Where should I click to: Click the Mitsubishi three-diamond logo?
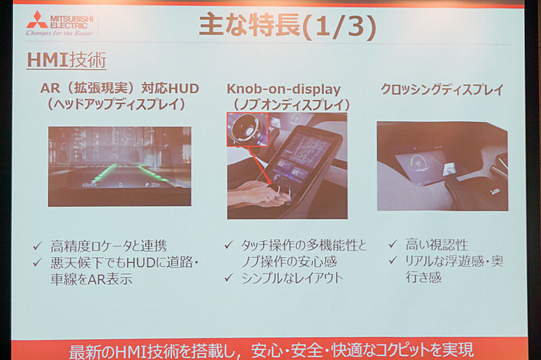coord(37,20)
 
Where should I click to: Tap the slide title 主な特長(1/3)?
coord(287,26)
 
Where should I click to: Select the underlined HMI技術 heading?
coord(66,60)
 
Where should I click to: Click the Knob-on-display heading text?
coord(283,89)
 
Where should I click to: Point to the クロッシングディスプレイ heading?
coord(442,89)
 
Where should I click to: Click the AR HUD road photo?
coord(120,166)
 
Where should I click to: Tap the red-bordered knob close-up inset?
coord(248,129)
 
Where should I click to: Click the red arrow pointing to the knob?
coord(259,166)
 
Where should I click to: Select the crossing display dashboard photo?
coord(442,166)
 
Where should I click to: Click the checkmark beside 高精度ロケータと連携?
coord(37,246)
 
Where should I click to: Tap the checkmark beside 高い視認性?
coord(393,244)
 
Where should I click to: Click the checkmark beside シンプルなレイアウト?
coord(229,277)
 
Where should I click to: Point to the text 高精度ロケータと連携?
coord(109,246)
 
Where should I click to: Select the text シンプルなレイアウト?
coord(292,278)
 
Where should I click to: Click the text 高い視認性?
coord(437,245)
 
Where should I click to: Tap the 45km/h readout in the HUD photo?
coord(89,185)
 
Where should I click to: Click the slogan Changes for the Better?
coord(60,33)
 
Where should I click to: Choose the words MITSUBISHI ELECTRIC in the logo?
coord(72,22)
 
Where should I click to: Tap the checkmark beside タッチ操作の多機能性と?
coord(229,245)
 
